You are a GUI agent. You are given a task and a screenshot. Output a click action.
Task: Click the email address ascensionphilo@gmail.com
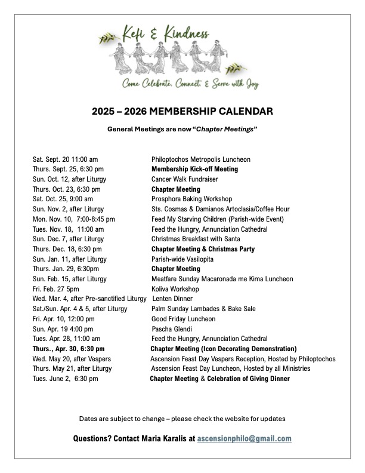click(x=244, y=438)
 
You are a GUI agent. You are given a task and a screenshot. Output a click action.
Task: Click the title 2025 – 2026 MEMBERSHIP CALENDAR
click(x=182, y=111)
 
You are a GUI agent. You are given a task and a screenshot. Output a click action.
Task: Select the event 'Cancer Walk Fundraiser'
click(x=185, y=179)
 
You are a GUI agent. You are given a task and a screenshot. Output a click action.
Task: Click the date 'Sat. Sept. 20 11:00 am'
click(x=66, y=159)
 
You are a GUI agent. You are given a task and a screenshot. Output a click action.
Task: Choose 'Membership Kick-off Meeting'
click(x=194, y=169)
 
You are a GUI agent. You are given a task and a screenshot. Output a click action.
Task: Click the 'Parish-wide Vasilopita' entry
click(x=182, y=259)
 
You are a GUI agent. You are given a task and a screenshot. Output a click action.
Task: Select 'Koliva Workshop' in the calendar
click(x=175, y=289)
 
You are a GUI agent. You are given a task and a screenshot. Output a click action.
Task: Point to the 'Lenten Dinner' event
click(x=172, y=299)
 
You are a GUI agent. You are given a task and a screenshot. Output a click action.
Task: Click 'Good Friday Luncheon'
click(x=183, y=319)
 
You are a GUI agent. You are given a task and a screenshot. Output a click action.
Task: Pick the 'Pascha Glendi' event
click(x=172, y=328)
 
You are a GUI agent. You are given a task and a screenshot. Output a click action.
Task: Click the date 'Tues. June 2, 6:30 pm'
click(x=66, y=379)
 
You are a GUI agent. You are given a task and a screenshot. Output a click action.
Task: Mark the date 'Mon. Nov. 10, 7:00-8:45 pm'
click(x=74, y=219)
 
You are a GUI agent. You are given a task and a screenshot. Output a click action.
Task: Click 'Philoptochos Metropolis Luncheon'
click(x=201, y=159)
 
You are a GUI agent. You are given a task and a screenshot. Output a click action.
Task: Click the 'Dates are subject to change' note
click(x=182, y=417)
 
